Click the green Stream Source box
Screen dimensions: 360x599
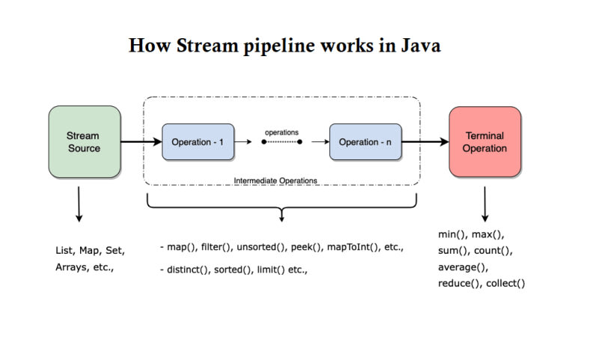point(85,141)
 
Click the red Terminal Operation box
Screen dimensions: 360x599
point(484,141)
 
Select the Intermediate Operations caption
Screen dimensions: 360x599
point(276,180)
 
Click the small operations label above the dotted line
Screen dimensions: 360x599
point(282,132)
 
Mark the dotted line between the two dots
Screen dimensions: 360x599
point(282,141)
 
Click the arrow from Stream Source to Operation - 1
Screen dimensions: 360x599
point(142,141)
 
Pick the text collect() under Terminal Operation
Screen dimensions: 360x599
point(507,284)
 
